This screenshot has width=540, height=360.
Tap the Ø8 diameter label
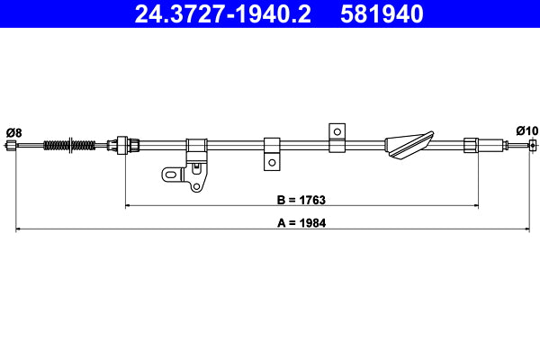[13, 132]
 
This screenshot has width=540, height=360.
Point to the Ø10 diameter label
[526, 130]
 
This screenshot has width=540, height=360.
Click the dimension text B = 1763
[301, 199]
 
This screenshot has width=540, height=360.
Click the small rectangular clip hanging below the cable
[271, 153]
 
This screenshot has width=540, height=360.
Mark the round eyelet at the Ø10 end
[533, 145]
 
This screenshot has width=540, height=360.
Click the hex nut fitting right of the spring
[121, 144]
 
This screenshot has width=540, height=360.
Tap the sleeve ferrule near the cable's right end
[471, 144]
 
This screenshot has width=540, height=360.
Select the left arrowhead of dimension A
[21, 230]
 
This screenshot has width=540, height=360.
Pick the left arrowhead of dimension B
[129, 206]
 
